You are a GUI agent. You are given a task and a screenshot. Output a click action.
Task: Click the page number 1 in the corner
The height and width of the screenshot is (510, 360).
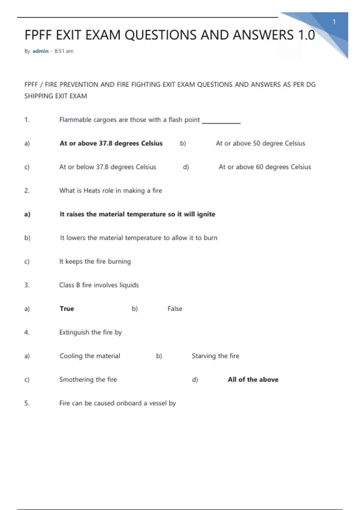pyautogui.click(x=334, y=22)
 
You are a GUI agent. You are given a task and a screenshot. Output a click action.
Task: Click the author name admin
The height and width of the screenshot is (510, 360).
pyautogui.click(x=40, y=51)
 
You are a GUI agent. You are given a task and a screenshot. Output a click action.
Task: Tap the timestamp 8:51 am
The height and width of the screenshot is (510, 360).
pyautogui.click(x=64, y=51)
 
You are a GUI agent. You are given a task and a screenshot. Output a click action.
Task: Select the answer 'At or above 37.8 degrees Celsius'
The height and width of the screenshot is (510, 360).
pyautogui.click(x=111, y=143)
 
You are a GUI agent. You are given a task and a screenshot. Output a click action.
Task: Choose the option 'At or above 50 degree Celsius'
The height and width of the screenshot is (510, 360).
pyautogui.click(x=260, y=143)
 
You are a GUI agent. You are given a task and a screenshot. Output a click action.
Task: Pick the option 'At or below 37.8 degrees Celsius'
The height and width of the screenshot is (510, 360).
pyautogui.click(x=108, y=167)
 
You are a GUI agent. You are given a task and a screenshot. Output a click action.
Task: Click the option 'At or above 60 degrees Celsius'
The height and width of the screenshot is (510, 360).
pyautogui.click(x=265, y=167)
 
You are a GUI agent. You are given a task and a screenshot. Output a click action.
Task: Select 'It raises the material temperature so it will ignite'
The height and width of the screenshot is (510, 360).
pyautogui.click(x=137, y=214)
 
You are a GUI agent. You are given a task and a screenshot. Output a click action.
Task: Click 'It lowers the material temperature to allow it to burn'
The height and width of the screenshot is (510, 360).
pyautogui.click(x=139, y=238)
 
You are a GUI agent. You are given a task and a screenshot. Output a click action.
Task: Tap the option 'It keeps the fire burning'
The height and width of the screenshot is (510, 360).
pyautogui.click(x=95, y=261)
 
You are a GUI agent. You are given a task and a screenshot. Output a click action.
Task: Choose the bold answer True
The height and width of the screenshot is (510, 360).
pyautogui.click(x=67, y=309)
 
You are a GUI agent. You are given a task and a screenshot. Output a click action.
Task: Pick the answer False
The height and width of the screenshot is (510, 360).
pyautogui.click(x=175, y=309)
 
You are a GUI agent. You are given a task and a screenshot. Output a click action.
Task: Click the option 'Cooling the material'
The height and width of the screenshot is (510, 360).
pyautogui.click(x=90, y=356)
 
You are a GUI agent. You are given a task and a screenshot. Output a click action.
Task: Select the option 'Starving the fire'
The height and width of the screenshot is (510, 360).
pyautogui.click(x=215, y=356)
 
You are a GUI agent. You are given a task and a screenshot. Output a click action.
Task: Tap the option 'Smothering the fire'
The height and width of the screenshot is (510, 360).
pyautogui.click(x=88, y=379)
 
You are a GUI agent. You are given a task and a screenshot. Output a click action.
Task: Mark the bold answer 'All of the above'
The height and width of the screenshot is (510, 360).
pyautogui.click(x=253, y=379)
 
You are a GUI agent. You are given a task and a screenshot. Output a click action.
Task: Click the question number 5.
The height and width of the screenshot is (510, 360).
pyautogui.click(x=27, y=403)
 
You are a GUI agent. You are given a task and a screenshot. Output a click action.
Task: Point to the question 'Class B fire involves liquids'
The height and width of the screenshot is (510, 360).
pyautogui.click(x=99, y=285)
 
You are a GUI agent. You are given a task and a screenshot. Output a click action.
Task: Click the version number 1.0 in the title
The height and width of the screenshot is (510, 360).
pyautogui.click(x=306, y=35)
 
